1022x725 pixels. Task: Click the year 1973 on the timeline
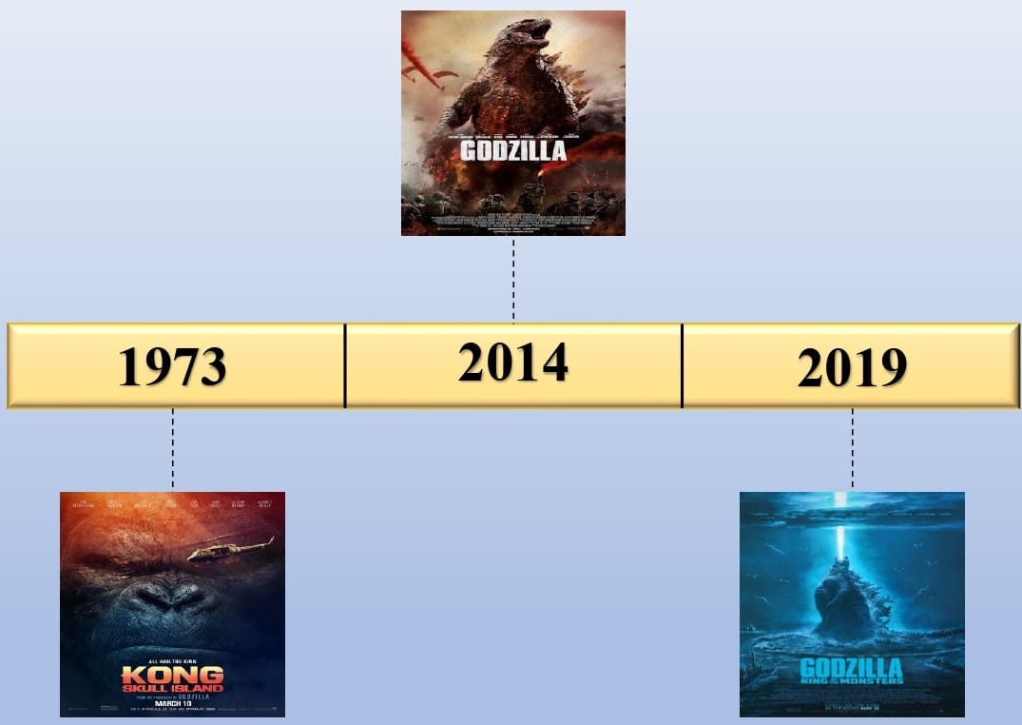(172, 367)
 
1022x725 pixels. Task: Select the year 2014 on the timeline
(512, 362)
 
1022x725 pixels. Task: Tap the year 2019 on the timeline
(852, 367)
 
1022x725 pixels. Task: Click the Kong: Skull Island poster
(172, 604)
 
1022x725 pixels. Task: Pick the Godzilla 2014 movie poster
(512, 123)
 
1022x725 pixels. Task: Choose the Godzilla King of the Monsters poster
(852, 604)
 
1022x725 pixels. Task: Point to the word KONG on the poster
(172, 674)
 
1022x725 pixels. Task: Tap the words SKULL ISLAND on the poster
(172, 687)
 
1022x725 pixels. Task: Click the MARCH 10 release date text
(172, 703)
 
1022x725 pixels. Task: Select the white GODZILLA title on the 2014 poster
(512, 150)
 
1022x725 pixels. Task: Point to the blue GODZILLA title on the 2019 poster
(852, 667)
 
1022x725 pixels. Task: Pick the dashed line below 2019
(852, 449)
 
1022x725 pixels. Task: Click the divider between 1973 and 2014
(344, 366)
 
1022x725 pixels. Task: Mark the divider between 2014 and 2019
(682, 366)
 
